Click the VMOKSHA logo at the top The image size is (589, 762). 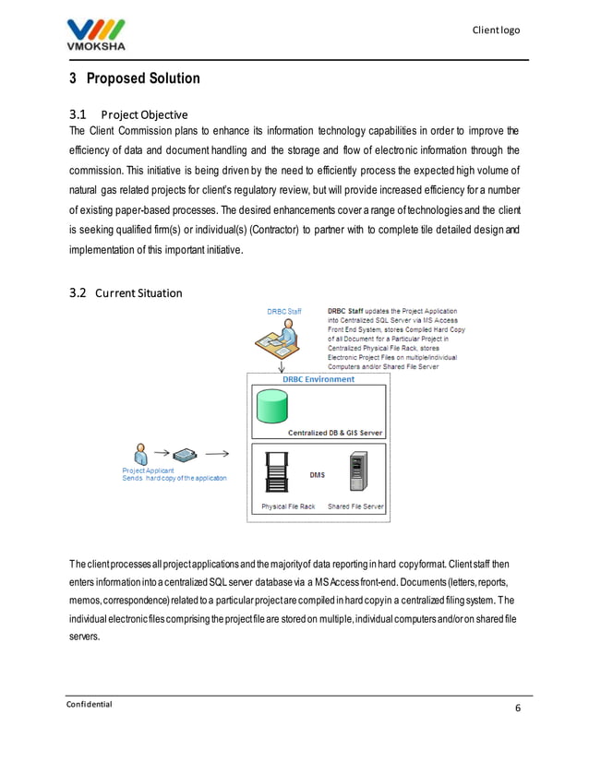[98, 32]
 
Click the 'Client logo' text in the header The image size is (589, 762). [496, 30]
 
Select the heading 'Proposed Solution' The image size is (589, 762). [143, 79]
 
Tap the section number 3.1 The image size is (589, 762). [78, 114]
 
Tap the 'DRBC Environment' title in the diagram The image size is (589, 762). [319, 379]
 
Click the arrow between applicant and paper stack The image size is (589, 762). [161, 454]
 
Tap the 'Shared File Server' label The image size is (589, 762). [356, 506]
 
